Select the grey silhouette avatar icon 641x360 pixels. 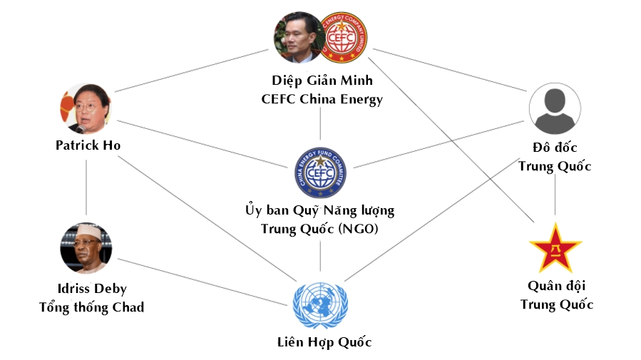(x=555, y=109)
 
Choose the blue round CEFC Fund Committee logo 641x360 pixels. (x=320, y=171)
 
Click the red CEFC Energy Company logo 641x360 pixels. (x=346, y=38)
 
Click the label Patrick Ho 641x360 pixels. (x=88, y=145)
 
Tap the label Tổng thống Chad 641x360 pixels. (x=91, y=307)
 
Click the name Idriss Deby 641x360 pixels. (x=92, y=289)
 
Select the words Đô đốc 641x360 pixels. (x=555, y=148)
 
